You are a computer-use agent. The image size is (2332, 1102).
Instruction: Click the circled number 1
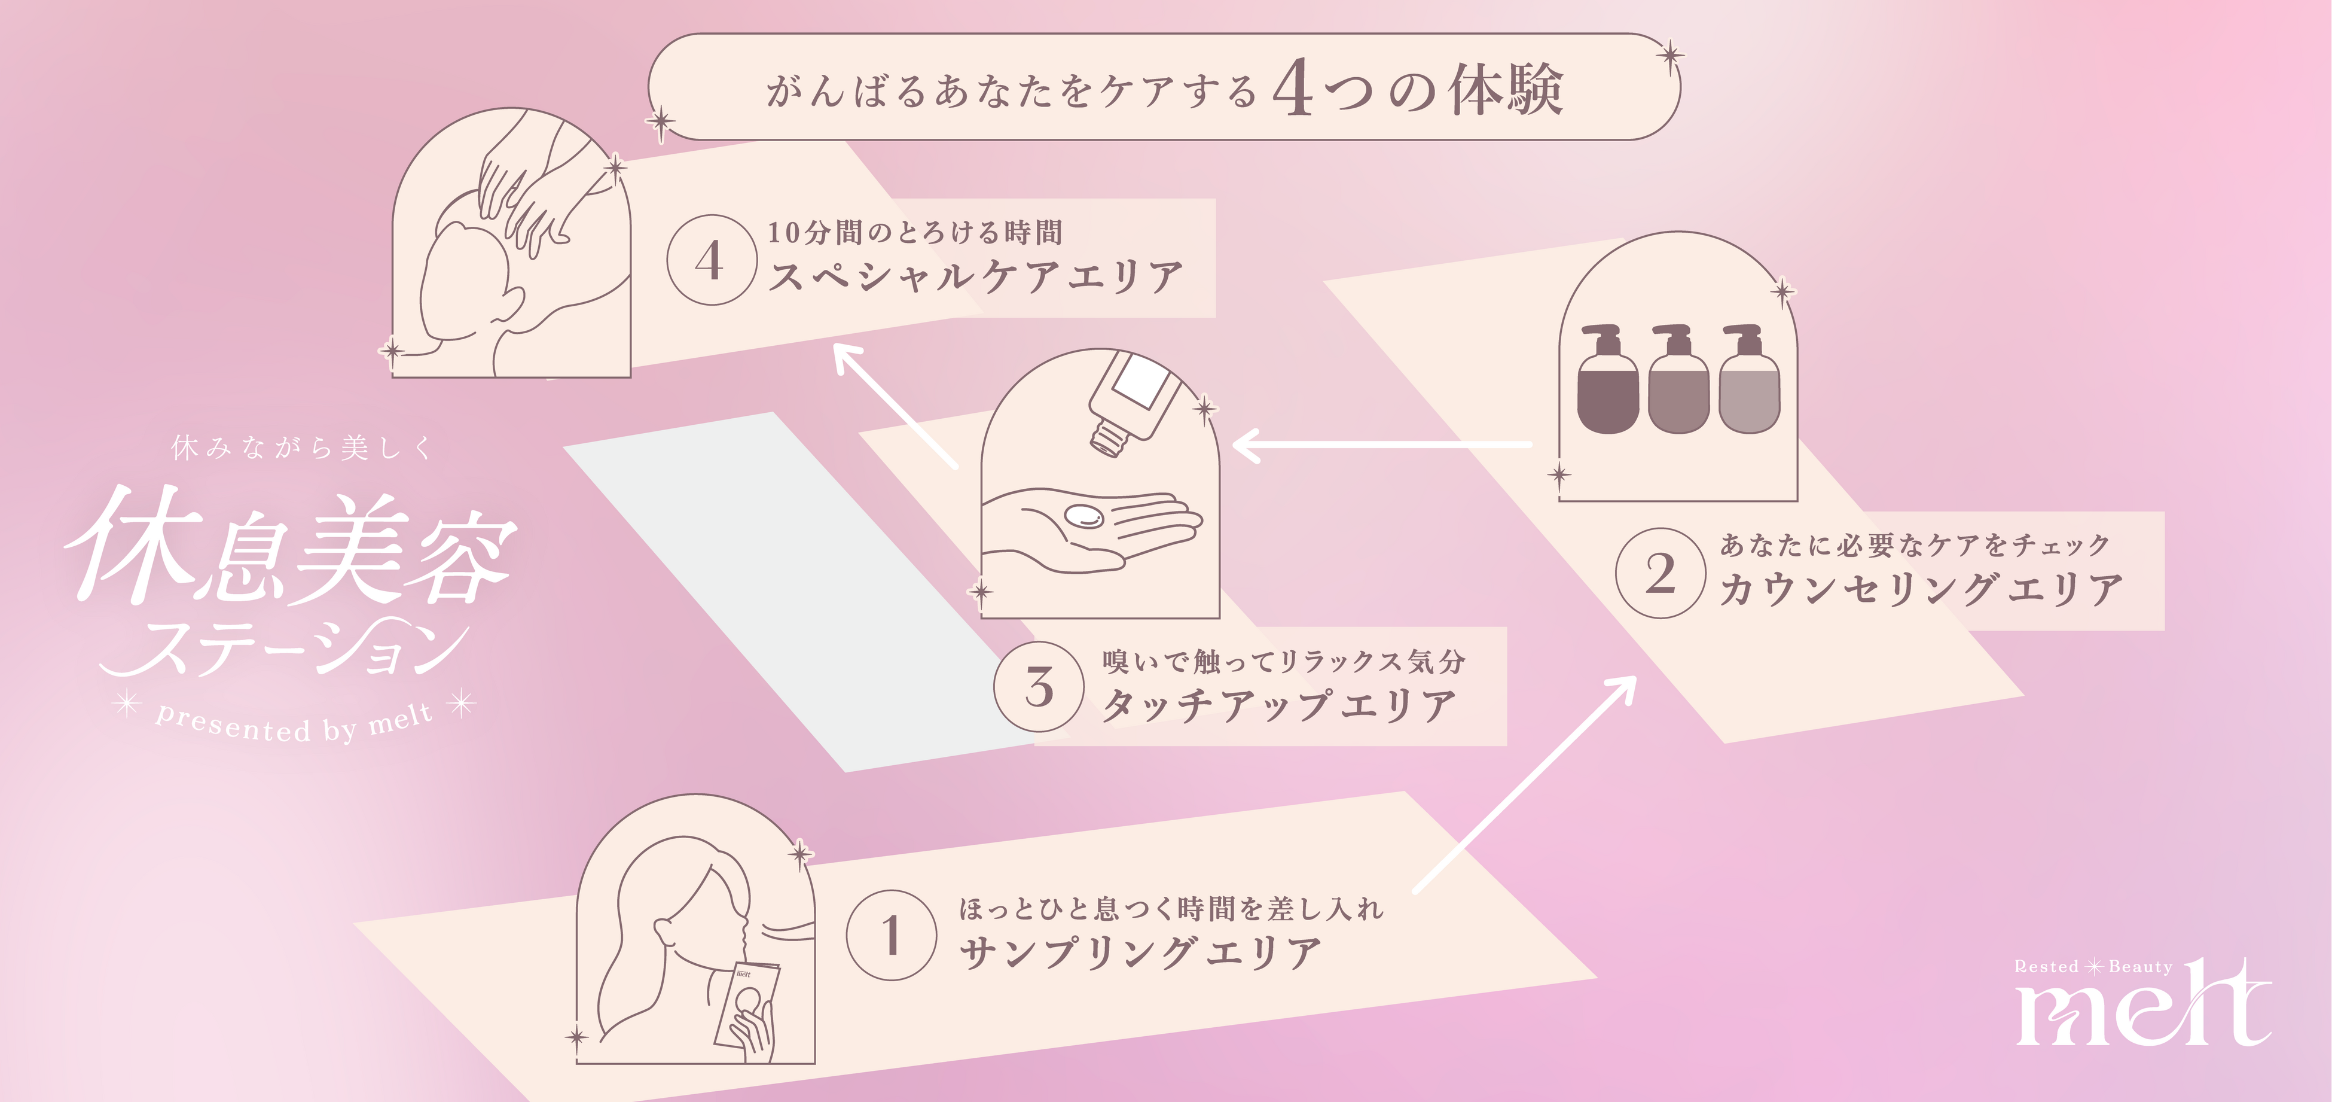pyautogui.click(x=891, y=934)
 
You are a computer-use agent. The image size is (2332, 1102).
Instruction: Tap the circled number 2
pyautogui.click(x=1661, y=573)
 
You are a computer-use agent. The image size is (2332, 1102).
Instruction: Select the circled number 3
pyautogui.click(x=1039, y=686)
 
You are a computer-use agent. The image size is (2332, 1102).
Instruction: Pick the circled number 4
pyautogui.click(x=710, y=260)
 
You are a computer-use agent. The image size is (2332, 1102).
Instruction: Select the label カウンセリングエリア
pyautogui.click(x=1921, y=589)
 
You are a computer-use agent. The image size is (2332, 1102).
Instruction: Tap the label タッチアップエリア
pyautogui.click(x=1278, y=705)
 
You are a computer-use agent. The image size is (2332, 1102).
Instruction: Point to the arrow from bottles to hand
pyautogui.click(x=1381, y=445)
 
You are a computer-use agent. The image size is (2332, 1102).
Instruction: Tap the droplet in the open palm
pyautogui.click(x=1083, y=516)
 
